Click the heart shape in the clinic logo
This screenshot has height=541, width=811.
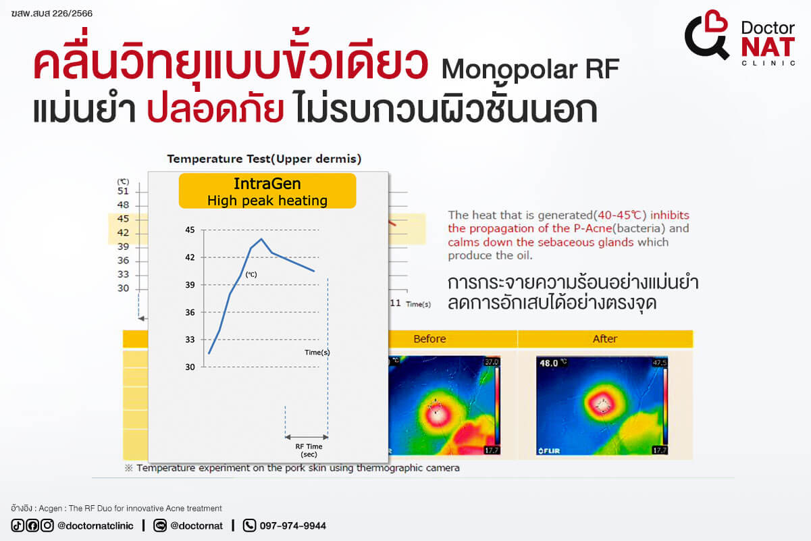pos(716,22)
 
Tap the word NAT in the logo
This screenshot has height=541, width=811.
pos(768,47)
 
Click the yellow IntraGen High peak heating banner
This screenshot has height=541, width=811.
pos(267,191)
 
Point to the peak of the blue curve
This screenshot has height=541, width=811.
pos(261,239)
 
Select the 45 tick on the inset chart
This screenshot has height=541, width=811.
pos(190,230)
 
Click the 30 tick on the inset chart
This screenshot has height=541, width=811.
pos(190,367)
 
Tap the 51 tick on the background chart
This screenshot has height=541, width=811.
pos(123,191)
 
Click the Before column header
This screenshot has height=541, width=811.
pos(429,338)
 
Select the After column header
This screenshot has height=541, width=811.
pos(605,338)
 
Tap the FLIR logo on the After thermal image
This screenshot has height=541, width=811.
pos(549,451)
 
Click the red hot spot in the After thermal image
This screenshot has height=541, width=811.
pos(603,405)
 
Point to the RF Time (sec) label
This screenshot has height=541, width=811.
pos(309,450)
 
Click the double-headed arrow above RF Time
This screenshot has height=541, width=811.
pos(307,437)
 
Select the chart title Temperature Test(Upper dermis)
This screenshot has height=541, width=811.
pos(264,159)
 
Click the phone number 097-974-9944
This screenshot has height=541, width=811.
pos(292,525)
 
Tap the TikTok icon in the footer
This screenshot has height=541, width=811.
pos(18,525)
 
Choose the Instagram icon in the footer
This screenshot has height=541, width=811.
pos(47,525)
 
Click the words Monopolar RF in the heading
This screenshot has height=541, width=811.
pos(530,69)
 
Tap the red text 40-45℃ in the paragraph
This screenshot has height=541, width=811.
pos(620,215)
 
